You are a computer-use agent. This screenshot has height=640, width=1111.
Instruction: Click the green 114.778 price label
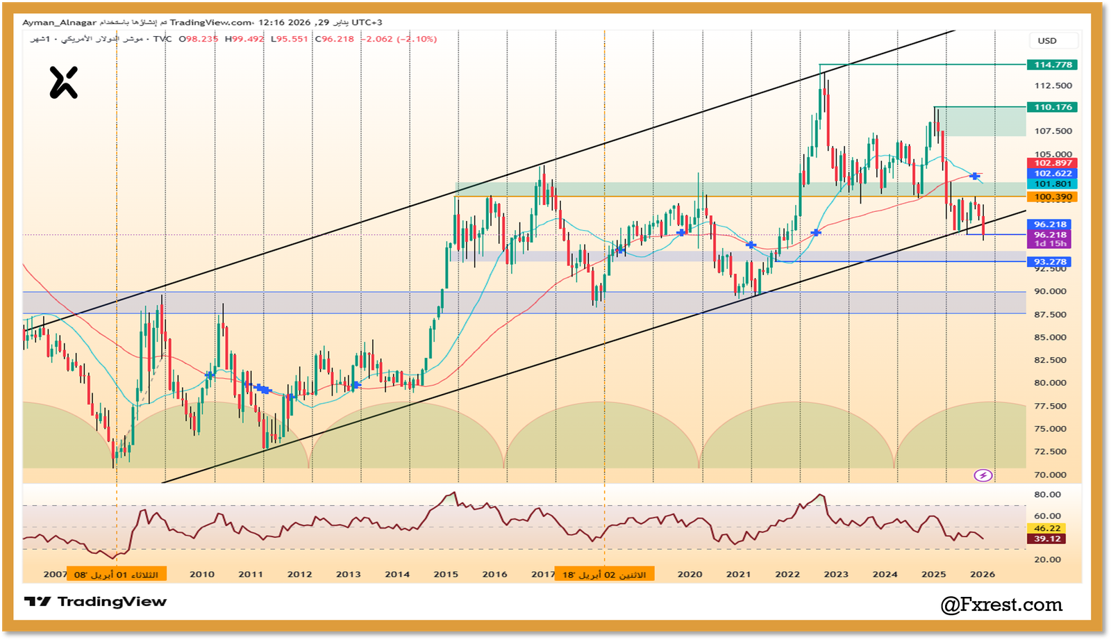coord(1053,65)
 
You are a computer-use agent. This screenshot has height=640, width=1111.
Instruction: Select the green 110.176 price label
coord(1053,107)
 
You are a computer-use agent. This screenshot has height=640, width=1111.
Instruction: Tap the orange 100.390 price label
coord(1053,197)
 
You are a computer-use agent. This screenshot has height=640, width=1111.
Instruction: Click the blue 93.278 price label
coord(1050,262)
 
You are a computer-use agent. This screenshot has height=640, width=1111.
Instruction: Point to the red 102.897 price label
coord(1053,163)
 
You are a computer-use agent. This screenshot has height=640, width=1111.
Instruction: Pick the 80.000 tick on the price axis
coord(1050,383)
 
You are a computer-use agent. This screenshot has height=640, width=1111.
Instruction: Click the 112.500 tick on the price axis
coord(1053,85)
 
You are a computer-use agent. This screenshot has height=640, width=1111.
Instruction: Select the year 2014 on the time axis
coord(397,574)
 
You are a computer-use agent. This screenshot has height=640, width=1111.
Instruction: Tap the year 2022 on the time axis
coord(787,574)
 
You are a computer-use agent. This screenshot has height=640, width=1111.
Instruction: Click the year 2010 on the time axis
coord(202,574)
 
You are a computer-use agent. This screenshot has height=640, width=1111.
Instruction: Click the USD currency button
coord(1047,41)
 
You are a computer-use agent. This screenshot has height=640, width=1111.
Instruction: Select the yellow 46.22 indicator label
coord(1047,528)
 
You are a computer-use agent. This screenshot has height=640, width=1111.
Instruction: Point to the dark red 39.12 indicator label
coord(1047,539)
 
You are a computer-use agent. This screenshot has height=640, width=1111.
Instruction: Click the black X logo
coord(64,83)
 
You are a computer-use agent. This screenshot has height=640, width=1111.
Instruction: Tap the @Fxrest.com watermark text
coord(1001,605)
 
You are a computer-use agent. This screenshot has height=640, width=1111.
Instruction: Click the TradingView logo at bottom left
coord(96,602)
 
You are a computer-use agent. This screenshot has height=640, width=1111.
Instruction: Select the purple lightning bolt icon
coord(983,475)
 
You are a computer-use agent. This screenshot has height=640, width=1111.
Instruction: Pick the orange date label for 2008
coord(116,575)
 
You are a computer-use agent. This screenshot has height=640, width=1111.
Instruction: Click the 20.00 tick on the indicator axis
coord(1047,559)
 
